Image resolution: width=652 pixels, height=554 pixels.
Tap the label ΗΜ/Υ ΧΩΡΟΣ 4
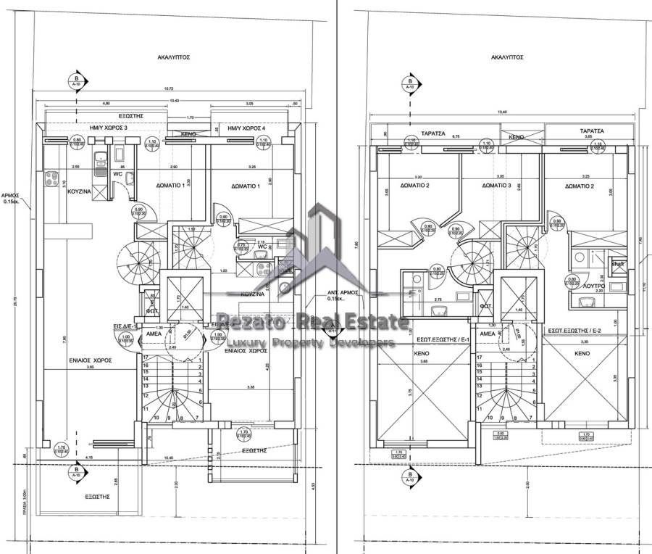pos(246,128)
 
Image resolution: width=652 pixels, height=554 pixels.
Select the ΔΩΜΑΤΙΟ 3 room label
pos(497,186)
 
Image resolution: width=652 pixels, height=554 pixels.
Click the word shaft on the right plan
pos(617,264)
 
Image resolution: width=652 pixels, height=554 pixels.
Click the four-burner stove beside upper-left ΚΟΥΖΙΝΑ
pos(53,177)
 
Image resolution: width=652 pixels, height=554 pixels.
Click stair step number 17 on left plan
pos(146,357)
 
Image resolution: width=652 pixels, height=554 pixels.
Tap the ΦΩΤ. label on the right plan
pos(487,306)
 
